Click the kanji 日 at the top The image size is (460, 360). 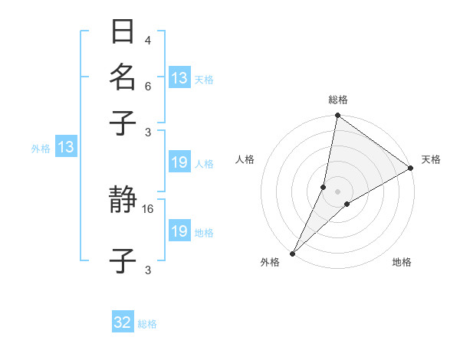pyautogui.click(x=123, y=31)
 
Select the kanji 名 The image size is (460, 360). pyautogui.click(x=123, y=77)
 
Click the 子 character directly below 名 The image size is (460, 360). pyautogui.click(x=123, y=122)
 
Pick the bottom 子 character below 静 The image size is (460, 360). pyautogui.click(x=123, y=260)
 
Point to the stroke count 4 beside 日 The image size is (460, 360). pyautogui.click(x=147, y=41)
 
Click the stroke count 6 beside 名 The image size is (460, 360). pyautogui.click(x=147, y=87)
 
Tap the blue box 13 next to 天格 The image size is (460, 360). pyautogui.click(x=179, y=78)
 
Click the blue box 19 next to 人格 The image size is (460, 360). pyautogui.click(x=179, y=162)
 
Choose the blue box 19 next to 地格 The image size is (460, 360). pyautogui.click(x=179, y=231)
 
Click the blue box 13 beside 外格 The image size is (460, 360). pyautogui.click(x=66, y=147)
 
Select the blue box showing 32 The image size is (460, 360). pyautogui.click(x=123, y=322)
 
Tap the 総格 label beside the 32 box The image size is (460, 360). pyautogui.click(x=147, y=324)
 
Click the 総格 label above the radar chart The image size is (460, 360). pyautogui.click(x=337, y=100)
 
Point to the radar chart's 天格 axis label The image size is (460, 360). pyautogui.click(x=431, y=159)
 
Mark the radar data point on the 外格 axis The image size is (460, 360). pyautogui.click(x=293, y=253)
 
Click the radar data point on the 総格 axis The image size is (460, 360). pyautogui.click(x=337, y=116)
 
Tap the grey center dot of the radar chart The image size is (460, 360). pyautogui.click(x=337, y=191)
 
